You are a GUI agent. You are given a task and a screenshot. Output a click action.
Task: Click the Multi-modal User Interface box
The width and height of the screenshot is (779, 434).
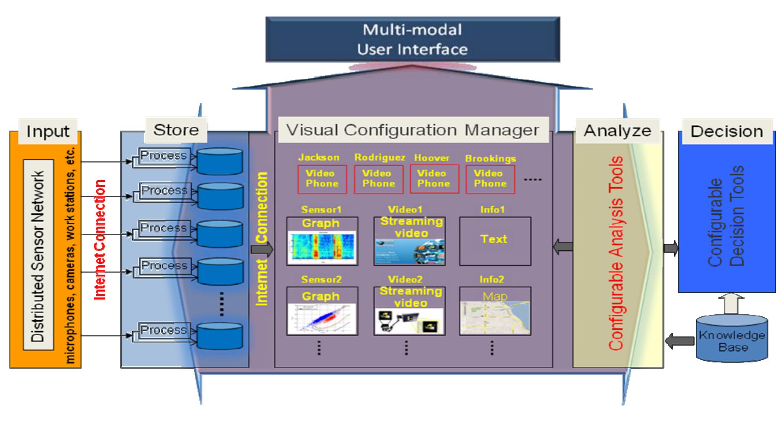click(x=412, y=39)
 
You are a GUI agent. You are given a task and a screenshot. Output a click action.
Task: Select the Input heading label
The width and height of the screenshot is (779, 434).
click(x=48, y=131)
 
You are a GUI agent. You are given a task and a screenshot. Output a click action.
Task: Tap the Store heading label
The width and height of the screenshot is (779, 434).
click(x=176, y=130)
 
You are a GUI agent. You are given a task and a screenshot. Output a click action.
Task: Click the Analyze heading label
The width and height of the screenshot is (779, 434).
click(x=617, y=131)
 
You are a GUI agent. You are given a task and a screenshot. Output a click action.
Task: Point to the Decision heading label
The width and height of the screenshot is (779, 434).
click(x=727, y=131)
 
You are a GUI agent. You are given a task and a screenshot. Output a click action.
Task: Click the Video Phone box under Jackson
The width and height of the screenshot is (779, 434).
click(x=322, y=179)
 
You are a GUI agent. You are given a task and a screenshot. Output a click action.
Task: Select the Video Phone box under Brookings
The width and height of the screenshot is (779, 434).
click(x=490, y=179)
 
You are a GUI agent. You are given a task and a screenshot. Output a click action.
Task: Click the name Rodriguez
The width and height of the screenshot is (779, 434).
click(x=379, y=157)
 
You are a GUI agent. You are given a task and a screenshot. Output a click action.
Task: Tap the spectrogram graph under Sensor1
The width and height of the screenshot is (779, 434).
click(x=322, y=247)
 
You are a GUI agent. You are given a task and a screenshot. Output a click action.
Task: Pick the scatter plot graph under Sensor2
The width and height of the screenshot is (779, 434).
click(x=322, y=319)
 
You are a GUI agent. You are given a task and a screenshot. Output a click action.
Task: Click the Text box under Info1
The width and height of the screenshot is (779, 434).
click(x=495, y=241)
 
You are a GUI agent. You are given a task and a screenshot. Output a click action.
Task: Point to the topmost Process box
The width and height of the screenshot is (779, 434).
click(x=164, y=155)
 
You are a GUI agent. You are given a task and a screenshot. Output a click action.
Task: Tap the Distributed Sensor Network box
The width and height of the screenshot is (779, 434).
click(x=38, y=255)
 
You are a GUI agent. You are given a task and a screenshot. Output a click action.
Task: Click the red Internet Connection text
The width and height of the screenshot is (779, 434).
click(x=100, y=240)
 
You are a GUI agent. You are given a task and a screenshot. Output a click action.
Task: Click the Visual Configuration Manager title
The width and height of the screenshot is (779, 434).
click(x=413, y=130)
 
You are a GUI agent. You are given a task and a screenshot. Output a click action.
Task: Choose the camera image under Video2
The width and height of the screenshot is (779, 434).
click(x=410, y=321)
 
